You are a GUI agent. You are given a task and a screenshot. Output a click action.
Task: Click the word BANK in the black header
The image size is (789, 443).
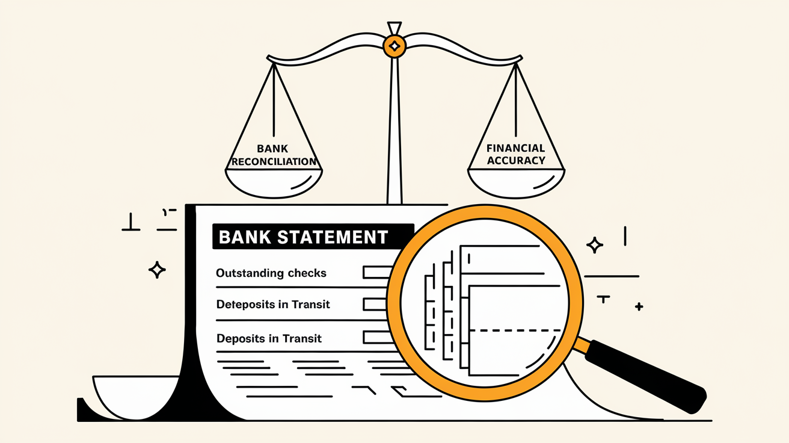[245, 237]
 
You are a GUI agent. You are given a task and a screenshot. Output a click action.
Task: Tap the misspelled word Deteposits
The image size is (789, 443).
[244, 305]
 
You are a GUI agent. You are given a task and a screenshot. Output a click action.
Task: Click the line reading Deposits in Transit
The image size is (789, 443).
[269, 338]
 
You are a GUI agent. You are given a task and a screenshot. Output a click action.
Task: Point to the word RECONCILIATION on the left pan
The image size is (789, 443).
[274, 161]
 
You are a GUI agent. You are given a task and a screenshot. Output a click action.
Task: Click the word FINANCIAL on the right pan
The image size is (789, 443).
[516, 148]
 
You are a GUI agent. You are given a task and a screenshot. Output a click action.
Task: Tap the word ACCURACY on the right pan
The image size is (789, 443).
[516, 161]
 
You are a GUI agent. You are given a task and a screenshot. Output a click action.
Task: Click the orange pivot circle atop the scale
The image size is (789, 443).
[394, 46]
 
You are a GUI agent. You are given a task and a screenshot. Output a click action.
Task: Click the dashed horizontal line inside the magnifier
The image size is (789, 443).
[514, 330]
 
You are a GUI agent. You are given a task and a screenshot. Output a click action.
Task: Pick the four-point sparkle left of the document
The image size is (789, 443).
[157, 270]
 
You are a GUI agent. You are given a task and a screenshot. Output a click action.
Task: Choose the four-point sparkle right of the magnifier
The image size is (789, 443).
[595, 245]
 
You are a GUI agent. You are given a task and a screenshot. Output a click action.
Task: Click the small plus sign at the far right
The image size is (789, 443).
[639, 307]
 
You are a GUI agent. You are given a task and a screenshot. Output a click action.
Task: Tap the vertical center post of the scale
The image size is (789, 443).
[394, 132]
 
